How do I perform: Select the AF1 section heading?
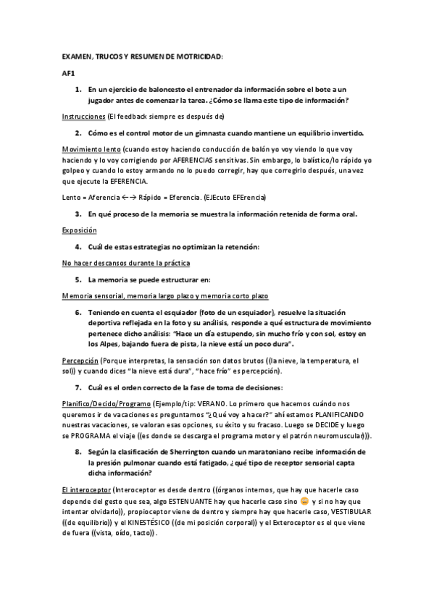pos(68,73)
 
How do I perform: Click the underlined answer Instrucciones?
pos(82,116)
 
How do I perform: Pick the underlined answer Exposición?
pos(80,230)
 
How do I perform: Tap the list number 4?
pos(78,247)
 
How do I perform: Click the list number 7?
pos(78,388)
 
